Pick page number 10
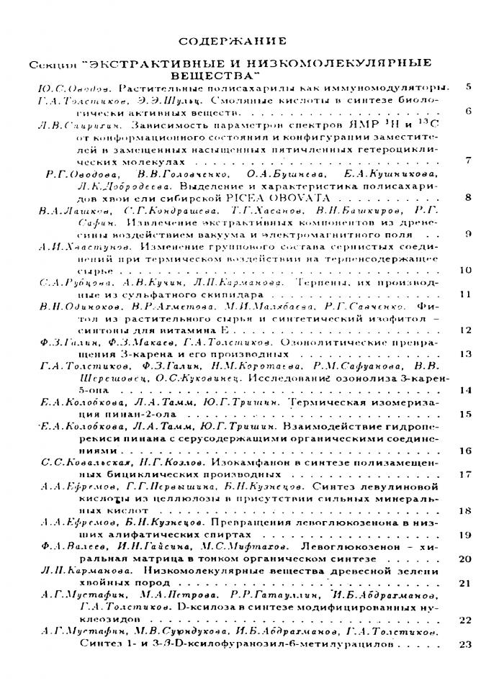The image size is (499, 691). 464,270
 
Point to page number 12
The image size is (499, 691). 464,330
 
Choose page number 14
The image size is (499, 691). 464,389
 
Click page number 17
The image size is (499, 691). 464,474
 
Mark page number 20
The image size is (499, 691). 464,559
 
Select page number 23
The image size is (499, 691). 464,643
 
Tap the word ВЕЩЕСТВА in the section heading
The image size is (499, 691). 215,74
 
